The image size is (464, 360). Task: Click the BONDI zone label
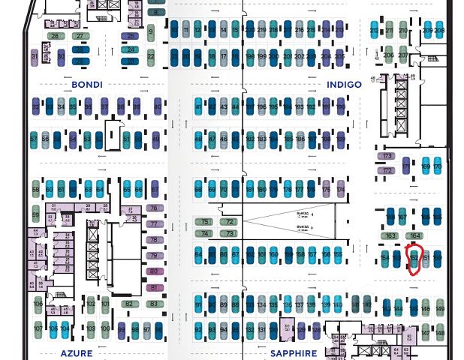(x=87, y=85)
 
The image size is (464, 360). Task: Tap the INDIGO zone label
(x=344, y=85)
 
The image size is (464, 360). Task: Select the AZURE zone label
(x=76, y=352)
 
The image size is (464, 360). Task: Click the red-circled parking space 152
(x=414, y=258)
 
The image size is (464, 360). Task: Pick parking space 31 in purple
(x=35, y=56)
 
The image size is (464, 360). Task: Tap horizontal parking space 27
(x=80, y=35)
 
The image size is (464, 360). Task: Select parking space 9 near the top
(x=151, y=32)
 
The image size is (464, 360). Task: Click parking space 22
(x=151, y=55)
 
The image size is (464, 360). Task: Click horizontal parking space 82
(x=129, y=303)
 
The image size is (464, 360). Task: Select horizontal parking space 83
(x=154, y=303)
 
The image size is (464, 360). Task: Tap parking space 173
(x=387, y=156)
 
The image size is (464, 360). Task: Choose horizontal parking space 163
(x=390, y=235)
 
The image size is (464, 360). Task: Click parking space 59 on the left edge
(x=35, y=215)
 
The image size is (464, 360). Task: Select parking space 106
(x=38, y=304)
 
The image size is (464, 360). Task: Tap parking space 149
(x=440, y=307)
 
